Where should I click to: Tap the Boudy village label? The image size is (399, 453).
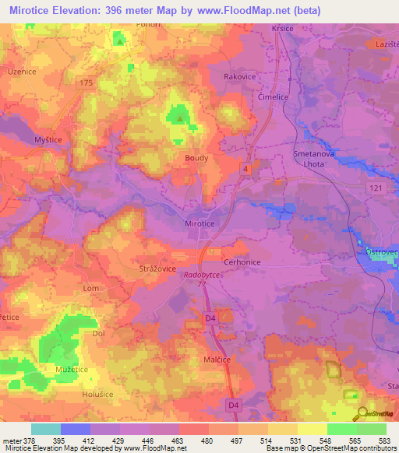(196, 157)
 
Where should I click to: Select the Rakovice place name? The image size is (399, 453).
(240, 77)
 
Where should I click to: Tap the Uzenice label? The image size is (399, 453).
(22, 71)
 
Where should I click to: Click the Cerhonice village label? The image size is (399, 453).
(242, 262)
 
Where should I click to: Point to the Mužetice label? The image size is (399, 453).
(70, 368)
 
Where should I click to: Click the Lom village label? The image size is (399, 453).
(91, 288)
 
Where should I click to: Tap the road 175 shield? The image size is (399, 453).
(86, 82)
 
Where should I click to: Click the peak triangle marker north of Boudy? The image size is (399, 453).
(181, 119)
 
